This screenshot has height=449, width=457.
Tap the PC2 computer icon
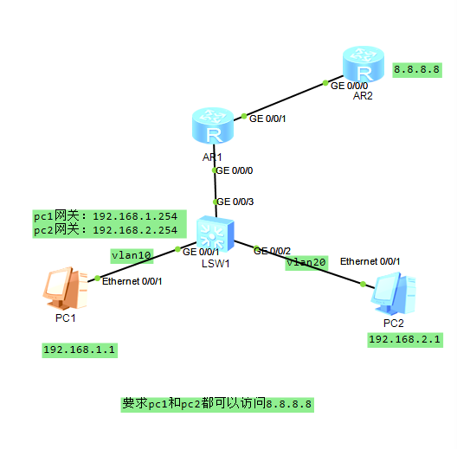click(x=394, y=293)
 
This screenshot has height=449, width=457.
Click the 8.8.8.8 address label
click(x=417, y=69)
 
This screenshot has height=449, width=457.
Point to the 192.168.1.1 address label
click(x=80, y=350)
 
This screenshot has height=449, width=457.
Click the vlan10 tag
click(x=132, y=255)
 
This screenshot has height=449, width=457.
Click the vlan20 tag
click(x=307, y=262)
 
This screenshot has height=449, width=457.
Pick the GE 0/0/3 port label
click(x=236, y=202)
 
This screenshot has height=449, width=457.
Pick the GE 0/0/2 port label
click(x=272, y=250)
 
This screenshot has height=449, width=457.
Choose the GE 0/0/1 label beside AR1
click(x=267, y=119)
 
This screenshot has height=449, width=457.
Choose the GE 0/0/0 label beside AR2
click(x=351, y=86)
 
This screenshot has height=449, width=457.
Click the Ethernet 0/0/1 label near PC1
click(x=132, y=281)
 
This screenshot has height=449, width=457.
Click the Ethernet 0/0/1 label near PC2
click(x=370, y=260)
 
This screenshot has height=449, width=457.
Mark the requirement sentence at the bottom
click(x=217, y=403)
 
